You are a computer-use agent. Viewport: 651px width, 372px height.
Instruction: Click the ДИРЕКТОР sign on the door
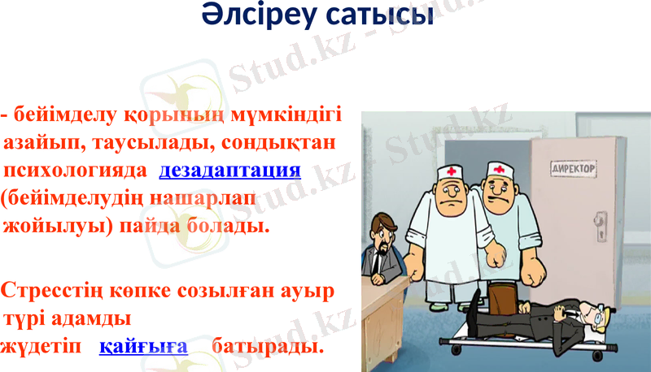pos(574,168)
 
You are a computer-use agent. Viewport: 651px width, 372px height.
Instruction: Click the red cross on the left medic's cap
pos(449,173)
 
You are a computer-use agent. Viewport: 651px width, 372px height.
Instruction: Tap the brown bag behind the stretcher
pos(502,292)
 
